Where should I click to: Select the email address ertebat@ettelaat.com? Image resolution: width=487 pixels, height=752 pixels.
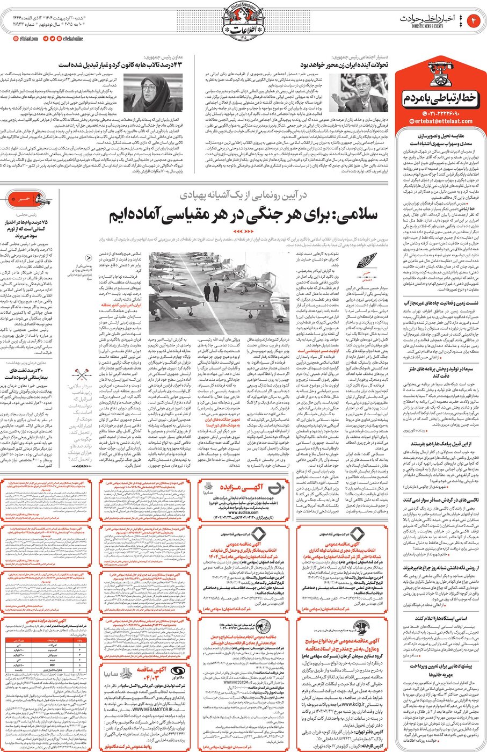pyautogui.click(x=444, y=121)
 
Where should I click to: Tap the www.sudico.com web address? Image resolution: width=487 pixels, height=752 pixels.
pyautogui.click(x=238, y=512)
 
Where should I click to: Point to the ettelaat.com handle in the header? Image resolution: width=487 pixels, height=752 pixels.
pyautogui.click(x=27, y=38)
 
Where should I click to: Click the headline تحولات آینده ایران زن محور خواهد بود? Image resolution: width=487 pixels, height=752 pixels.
pyautogui.click(x=344, y=64)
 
